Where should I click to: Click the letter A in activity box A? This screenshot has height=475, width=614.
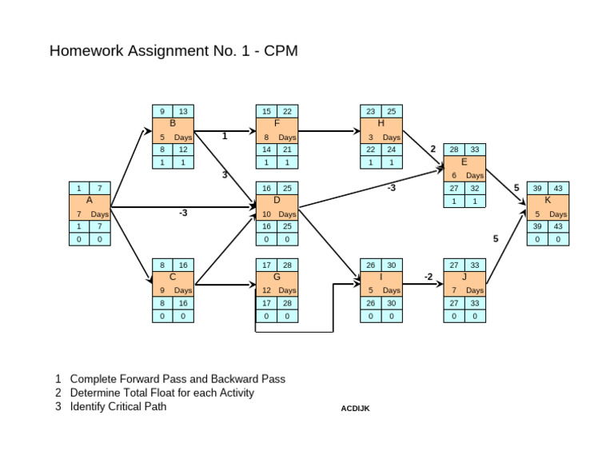tap(89, 201)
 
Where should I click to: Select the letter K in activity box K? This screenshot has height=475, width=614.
tap(548, 201)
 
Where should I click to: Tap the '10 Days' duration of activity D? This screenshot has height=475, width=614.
tap(277, 214)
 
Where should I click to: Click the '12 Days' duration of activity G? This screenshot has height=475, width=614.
tap(277, 290)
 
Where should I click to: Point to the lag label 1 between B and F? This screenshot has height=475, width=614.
tap(225, 136)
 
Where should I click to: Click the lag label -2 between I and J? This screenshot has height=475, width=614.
tap(429, 277)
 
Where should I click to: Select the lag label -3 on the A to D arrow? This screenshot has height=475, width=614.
tap(183, 214)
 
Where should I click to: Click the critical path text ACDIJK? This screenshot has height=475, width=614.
tap(355, 409)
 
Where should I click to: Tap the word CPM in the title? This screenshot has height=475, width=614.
tap(281, 52)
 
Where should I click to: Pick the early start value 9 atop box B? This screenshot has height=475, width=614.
tap(162, 111)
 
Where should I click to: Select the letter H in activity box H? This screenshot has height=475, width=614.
tap(381, 124)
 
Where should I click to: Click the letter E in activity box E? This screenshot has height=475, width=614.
tap(464, 162)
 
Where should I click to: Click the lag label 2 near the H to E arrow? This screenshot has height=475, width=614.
tap(433, 149)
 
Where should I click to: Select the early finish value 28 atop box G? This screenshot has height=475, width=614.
tap(287, 264)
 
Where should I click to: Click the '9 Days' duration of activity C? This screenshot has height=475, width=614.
tap(173, 290)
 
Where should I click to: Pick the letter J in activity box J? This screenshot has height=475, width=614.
tap(464, 277)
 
